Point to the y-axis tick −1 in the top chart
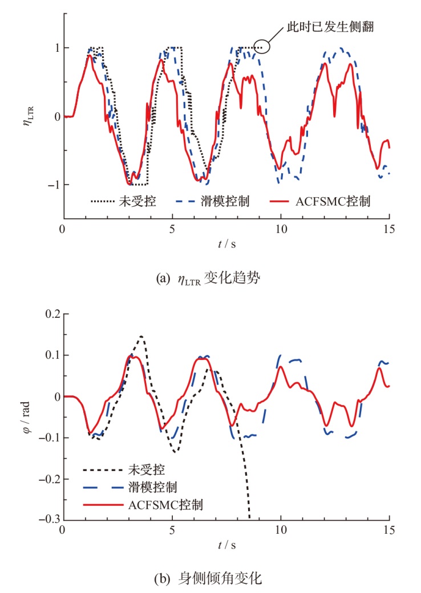coord(51,185)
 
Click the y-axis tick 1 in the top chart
coord(55,48)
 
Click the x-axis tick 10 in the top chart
coord(280,228)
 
